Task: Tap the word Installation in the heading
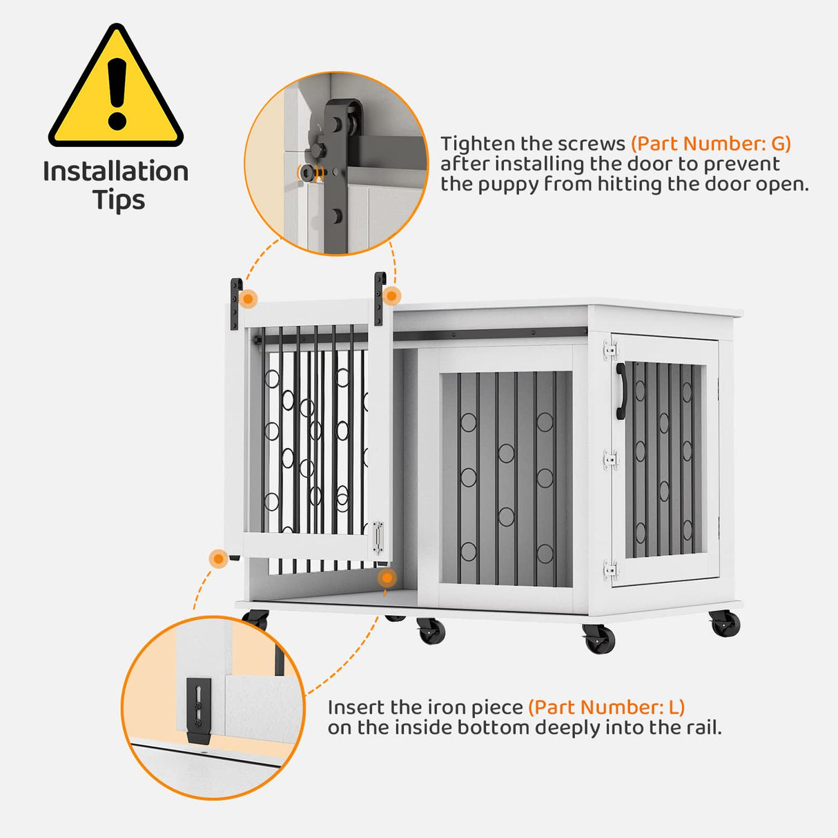[116, 171]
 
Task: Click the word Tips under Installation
[119, 200]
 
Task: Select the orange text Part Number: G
[711, 144]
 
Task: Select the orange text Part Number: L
[606, 708]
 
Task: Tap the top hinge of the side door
[610, 349]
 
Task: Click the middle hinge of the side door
[610, 459]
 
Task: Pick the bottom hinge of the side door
[610, 569]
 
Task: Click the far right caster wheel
[725, 623]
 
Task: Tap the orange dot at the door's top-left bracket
[249, 299]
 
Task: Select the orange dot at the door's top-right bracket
[391, 296]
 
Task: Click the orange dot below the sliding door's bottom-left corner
[219, 558]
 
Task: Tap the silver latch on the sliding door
[378, 537]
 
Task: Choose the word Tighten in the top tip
[478, 144]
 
